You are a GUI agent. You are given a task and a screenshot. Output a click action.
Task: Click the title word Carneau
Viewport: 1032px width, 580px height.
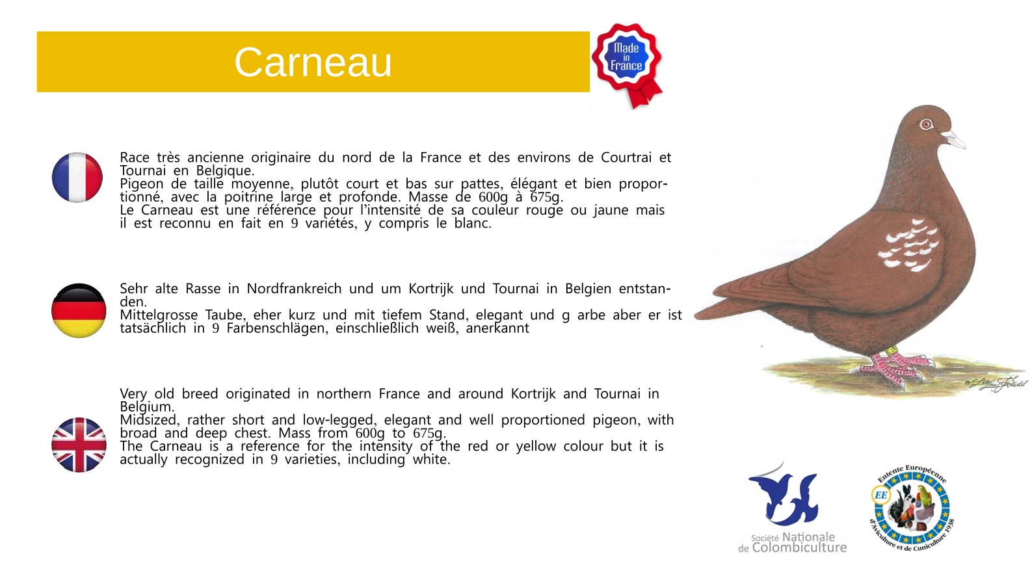(313, 62)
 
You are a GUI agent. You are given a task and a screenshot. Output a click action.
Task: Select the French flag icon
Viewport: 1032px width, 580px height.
(77, 178)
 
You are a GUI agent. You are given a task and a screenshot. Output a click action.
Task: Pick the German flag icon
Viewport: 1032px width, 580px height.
(79, 311)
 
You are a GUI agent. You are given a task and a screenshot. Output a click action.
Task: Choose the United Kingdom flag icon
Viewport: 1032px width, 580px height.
(79, 445)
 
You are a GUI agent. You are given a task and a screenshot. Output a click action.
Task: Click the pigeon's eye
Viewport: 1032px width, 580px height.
(926, 124)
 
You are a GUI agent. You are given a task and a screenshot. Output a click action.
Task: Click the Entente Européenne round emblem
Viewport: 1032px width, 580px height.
(911, 508)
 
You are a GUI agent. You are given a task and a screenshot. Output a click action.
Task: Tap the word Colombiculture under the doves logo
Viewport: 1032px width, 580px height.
(799, 547)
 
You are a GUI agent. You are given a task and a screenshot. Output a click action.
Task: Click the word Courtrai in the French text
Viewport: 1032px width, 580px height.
(626, 157)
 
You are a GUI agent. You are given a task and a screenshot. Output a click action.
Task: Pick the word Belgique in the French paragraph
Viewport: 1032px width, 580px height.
(225, 171)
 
